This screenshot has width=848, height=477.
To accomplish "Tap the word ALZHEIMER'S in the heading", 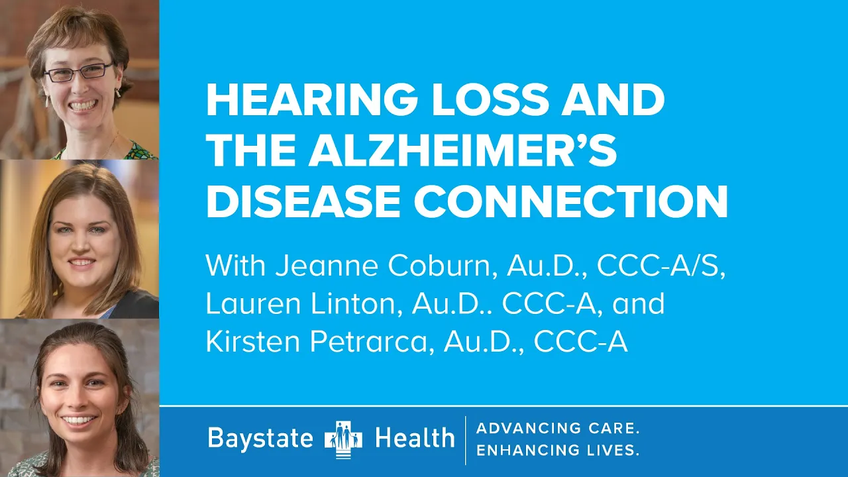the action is pos(462,150).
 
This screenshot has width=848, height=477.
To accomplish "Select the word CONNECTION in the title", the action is pos(570,202).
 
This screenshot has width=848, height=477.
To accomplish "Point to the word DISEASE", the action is pos(303,202).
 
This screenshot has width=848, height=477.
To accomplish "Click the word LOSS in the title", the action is pos(490,99).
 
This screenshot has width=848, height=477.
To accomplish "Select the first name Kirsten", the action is pos(254,341).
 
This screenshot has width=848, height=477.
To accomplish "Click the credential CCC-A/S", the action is pos(661,266).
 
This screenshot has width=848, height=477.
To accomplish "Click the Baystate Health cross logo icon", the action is pos(343,439).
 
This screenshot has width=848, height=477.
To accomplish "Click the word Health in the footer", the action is pos(415,438).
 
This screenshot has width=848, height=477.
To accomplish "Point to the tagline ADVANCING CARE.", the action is pos(558,428).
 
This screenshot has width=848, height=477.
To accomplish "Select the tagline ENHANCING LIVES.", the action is pos(558,450).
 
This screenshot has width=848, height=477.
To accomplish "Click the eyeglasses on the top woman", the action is pos(79,72).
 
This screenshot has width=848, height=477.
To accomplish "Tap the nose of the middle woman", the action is pos(81,246).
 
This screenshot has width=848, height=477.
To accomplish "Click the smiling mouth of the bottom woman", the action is pos(78,420).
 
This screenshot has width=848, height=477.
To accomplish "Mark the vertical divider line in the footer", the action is pos(465,441).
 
